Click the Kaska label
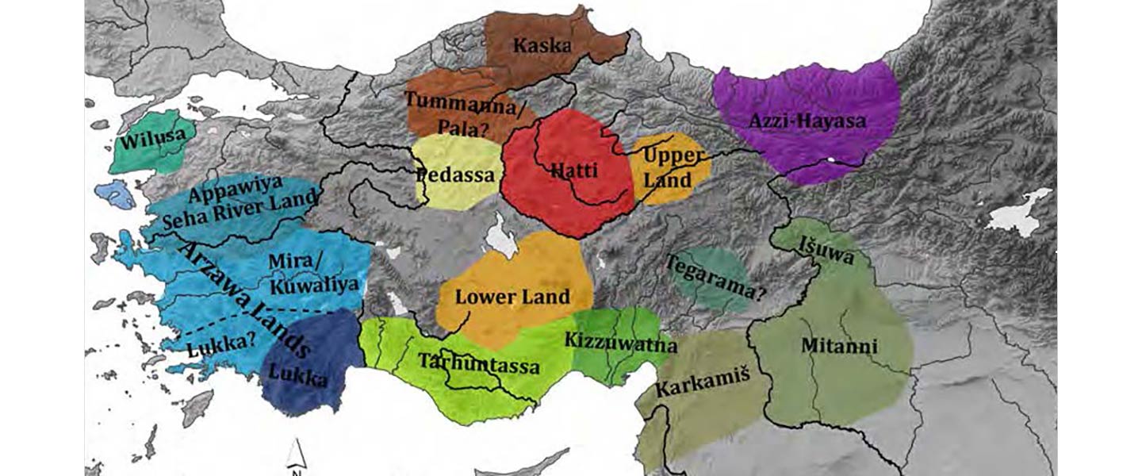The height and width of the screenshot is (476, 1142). point(542,45)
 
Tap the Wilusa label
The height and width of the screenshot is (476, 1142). point(153,142)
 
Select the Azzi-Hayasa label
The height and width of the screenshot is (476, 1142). point(807,122)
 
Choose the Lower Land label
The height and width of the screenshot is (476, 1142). point(512,297)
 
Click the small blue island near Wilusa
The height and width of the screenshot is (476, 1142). point(114,194)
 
